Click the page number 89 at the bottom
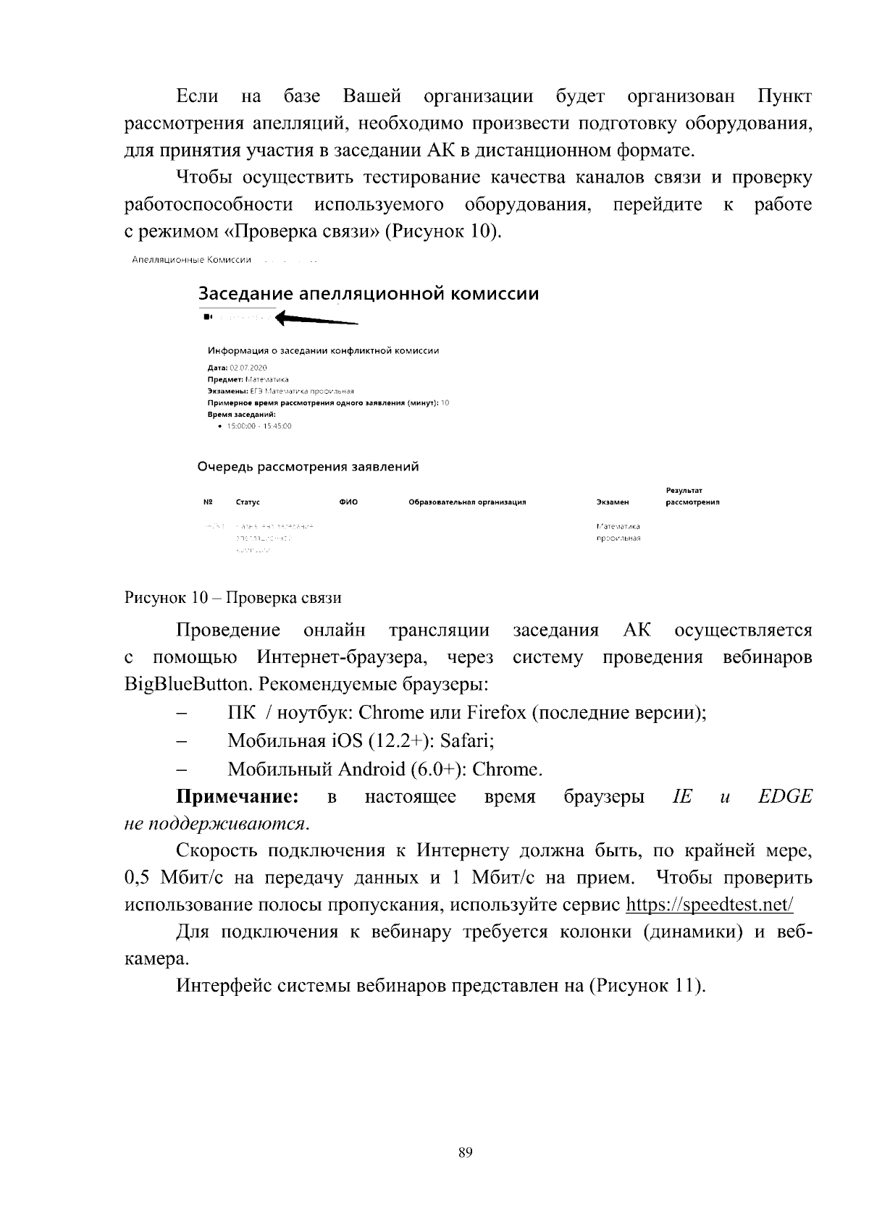(x=466, y=1153)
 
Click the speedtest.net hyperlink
(x=709, y=905)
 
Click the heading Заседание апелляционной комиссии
(x=369, y=294)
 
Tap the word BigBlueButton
(x=188, y=685)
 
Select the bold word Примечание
(x=238, y=797)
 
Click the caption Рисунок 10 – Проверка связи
(x=232, y=598)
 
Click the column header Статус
(x=248, y=502)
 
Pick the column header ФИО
(x=348, y=502)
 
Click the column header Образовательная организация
(x=467, y=502)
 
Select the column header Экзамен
(x=612, y=502)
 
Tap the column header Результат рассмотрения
(x=692, y=497)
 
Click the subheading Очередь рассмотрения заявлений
(x=308, y=467)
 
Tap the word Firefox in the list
(x=496, y=713)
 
